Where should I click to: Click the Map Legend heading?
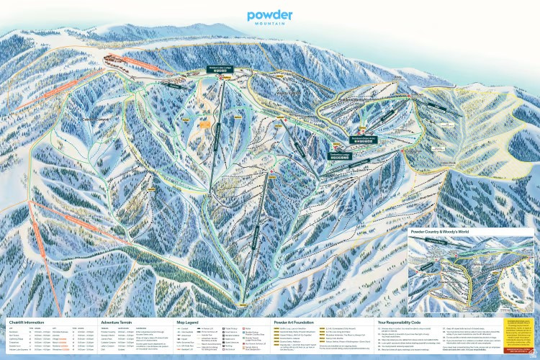pos(190,323)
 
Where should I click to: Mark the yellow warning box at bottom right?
pos(518,336)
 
